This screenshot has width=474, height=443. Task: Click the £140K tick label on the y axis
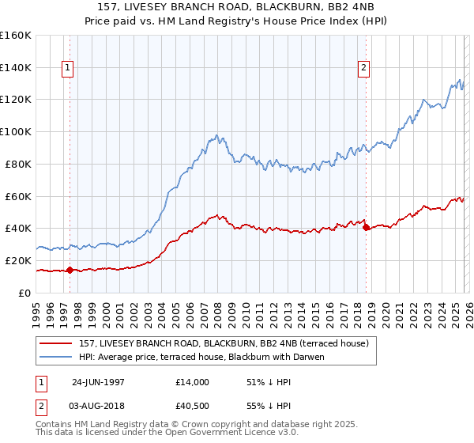click(16, 68)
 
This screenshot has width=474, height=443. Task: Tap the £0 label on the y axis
click(25, 293)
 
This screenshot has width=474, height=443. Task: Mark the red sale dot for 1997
click(70, 270)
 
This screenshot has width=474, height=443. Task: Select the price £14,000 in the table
click(193, 382)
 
